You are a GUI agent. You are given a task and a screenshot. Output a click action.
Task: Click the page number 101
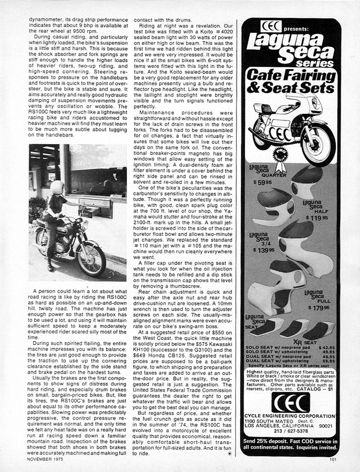coord(333,459)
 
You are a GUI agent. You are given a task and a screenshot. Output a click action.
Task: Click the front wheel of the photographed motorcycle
coord(90,258)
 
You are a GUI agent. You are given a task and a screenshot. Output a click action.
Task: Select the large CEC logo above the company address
coord(291,402)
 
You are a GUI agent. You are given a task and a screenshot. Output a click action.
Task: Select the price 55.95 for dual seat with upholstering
coord(329,361)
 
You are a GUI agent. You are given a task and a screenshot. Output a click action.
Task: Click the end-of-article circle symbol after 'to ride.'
coord(230,454)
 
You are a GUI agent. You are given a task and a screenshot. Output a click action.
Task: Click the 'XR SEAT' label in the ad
coord(305,342)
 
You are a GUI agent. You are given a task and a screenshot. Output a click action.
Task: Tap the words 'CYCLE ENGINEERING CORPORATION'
coord(290,416)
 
